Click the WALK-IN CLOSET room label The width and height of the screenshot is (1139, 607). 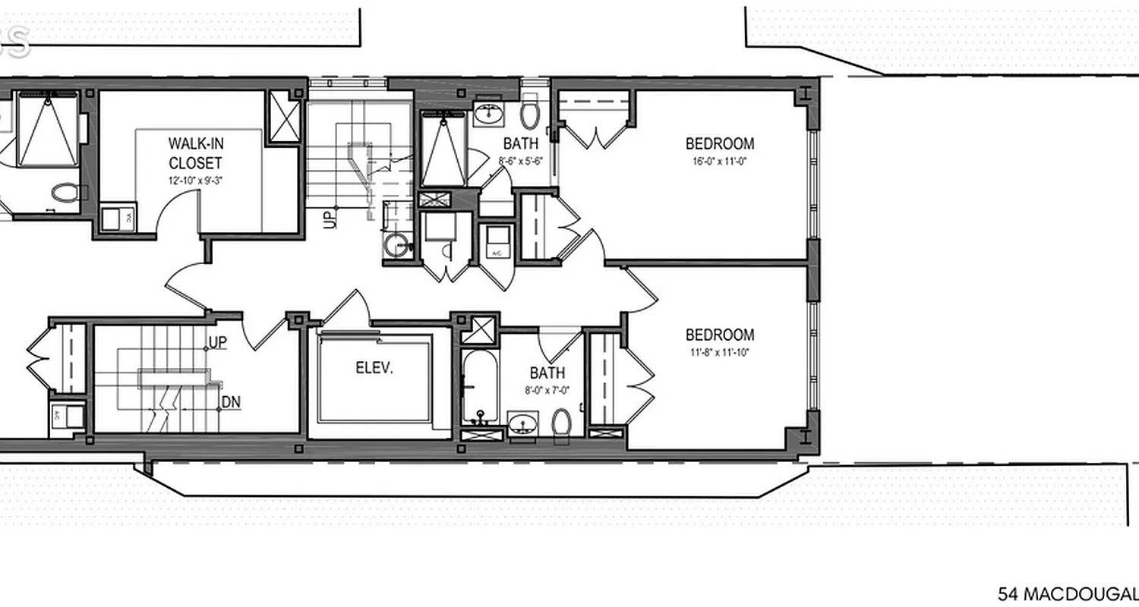[195, 153]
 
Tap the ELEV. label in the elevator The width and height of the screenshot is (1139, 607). [374, 368]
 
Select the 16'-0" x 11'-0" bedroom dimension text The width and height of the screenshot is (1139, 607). [720, 161]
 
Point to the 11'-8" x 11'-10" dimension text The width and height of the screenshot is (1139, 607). [720, 352]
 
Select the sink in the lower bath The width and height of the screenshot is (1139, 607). [522, 423]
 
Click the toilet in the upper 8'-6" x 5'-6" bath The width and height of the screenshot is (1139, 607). [529, 115]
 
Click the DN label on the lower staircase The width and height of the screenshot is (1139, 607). [231, 402]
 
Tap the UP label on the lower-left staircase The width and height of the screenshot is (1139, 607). [217, 343]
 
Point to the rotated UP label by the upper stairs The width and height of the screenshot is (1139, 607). [329, 219]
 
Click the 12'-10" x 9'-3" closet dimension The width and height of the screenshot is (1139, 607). [195, 181]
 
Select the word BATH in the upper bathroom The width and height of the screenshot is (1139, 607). [521, 143]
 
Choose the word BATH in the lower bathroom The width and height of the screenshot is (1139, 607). [547, 373]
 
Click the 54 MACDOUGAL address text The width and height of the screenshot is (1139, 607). [1068, 593]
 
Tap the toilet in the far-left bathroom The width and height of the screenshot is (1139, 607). [64, 191]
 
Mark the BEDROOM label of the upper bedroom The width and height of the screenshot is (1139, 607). [720, 143]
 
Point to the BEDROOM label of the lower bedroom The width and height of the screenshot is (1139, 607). [720, 335]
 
